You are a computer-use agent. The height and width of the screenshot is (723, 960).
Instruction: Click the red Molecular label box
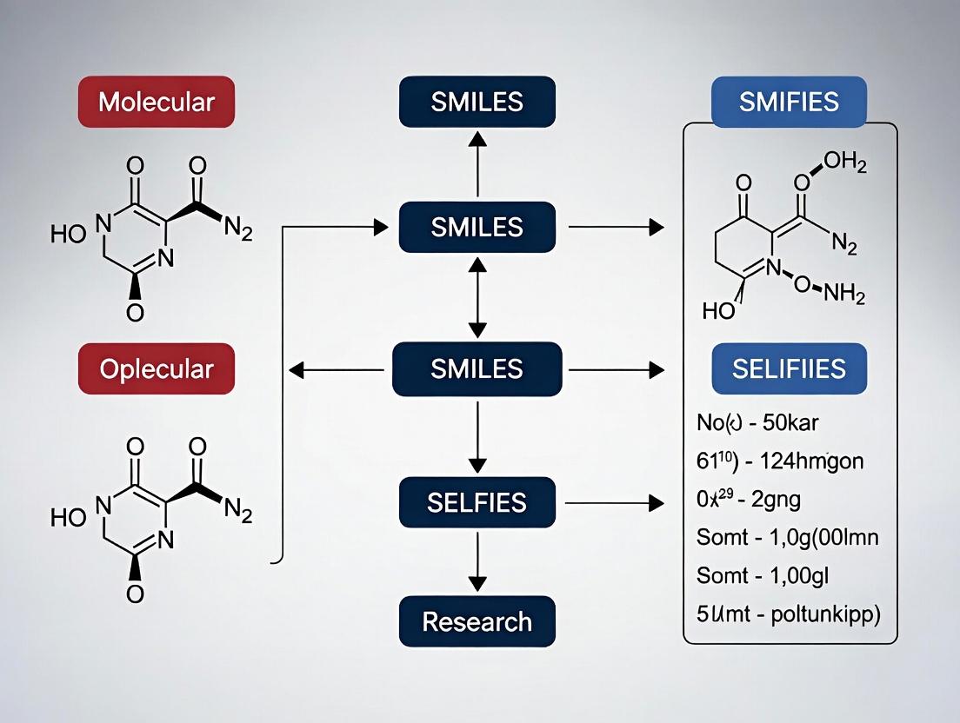click(157, 102)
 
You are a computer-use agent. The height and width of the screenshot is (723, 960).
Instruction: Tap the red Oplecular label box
click(157, 368)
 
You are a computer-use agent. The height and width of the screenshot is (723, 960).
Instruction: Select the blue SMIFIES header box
click(789, 102)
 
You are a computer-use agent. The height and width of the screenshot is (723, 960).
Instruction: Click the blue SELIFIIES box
click(789, 368)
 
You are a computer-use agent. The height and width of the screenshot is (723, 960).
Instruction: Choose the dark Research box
click(477, 621)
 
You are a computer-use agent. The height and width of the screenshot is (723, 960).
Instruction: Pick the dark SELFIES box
click(477, 501)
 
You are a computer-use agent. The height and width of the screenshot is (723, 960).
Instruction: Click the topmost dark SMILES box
click(477, 102)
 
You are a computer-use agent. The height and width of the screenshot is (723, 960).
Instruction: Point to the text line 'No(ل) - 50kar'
click(753, 423)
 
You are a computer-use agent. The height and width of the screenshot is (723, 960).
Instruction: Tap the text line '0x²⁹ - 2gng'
click(750, 500)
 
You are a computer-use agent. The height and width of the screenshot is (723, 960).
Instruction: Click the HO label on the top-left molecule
click(69, 234)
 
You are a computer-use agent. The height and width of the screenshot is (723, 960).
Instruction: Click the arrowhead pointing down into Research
click(477, 583)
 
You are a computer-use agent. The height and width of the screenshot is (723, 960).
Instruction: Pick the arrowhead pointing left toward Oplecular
click(296, 370)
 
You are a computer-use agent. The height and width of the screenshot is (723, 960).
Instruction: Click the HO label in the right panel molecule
click(719, 310)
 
